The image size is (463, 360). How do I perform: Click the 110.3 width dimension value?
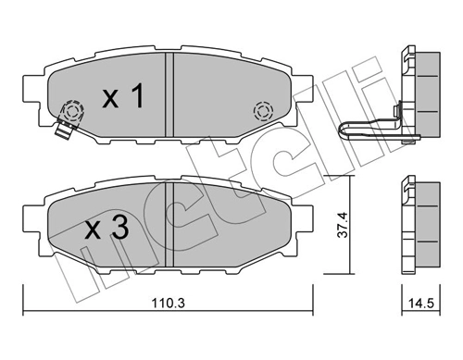coord(168,304)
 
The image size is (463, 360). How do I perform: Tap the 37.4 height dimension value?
coord(343,225)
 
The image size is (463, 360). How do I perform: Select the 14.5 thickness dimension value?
coord(422,304)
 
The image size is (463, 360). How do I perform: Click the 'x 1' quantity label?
coord(123,95)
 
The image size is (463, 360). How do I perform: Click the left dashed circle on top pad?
coord(73,110)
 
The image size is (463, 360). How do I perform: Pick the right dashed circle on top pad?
coord(263,111)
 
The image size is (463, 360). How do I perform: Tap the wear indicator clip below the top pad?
coord(64,130)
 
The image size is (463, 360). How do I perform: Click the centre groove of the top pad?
coord(169,94)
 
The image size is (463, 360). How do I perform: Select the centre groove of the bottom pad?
coord(169,224)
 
